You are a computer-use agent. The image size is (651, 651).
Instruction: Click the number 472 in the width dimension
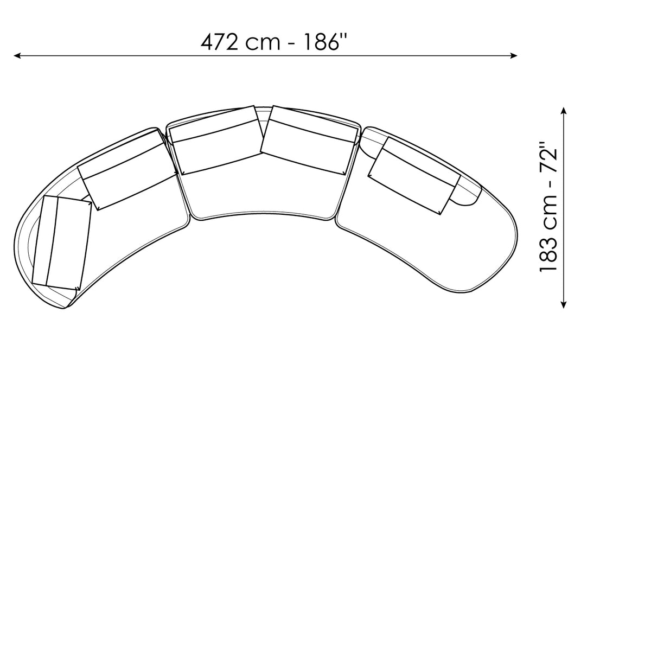coord(219,42)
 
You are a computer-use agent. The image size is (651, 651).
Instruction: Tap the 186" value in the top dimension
coord(325,42)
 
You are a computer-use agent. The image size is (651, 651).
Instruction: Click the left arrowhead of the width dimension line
coord(17,56)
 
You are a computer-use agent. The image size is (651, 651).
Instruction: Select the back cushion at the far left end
coord(62,243)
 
